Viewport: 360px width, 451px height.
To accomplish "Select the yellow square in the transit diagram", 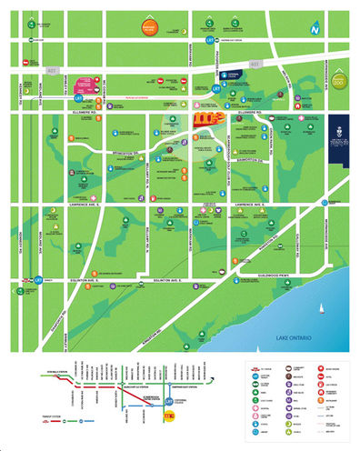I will point(169,416).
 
